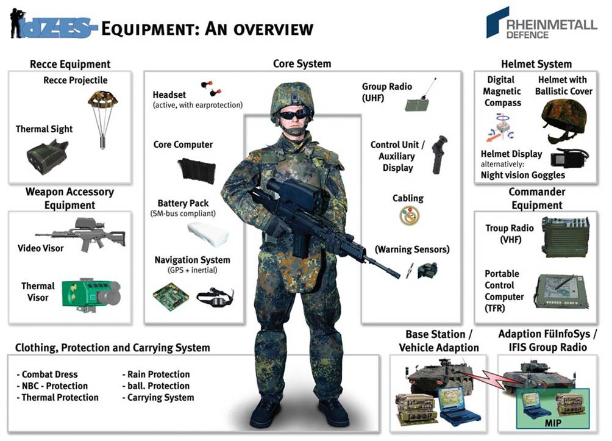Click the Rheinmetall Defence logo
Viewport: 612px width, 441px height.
coord(541,23)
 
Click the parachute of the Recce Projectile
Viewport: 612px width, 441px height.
coord(102,99)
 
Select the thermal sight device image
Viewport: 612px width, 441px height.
coord(48,157)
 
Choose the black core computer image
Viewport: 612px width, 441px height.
coord(196,170)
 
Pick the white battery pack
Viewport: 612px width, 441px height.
coord(208,234)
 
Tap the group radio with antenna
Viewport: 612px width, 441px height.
coord(421,95)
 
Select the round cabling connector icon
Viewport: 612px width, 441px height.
coord(409,215)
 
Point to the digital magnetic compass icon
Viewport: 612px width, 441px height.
coord(501,127)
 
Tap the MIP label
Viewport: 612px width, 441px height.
coord(553,423)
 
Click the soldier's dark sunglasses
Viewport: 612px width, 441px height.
coord(296,114)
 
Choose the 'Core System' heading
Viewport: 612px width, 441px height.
coord(302,63)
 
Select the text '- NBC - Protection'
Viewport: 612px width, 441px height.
coord(52,386)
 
